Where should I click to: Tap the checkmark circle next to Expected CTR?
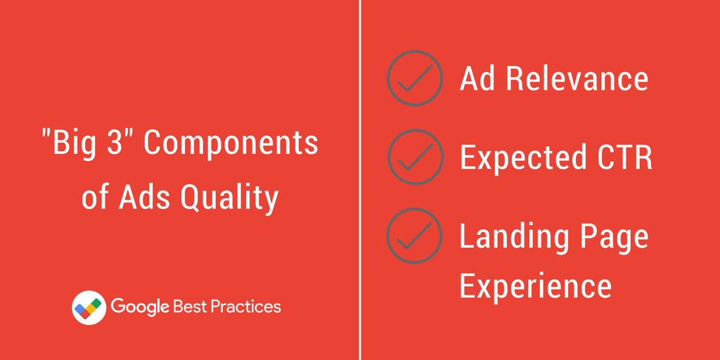[415, 157]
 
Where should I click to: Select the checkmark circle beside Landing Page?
[415, 236]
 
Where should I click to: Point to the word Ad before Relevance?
[477, 78]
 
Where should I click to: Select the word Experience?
[536, 285]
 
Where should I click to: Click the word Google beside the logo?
[139, 307]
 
